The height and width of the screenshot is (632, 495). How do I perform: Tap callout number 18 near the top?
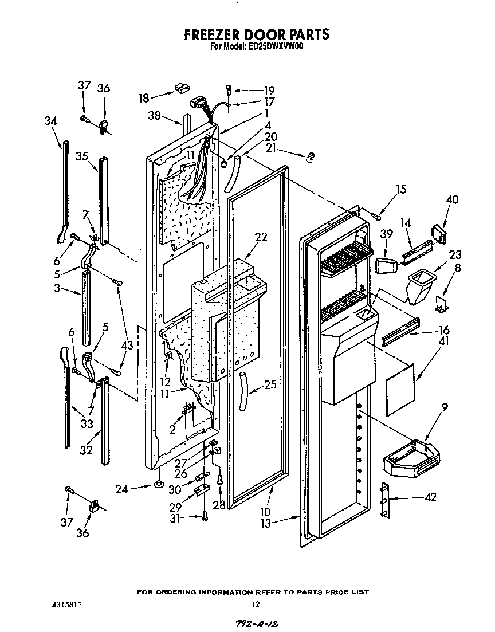click(x=144, y=98)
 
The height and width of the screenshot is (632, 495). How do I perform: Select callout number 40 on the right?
click(x=452, y=200)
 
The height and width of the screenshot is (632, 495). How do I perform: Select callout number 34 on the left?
click(x=50, y=121)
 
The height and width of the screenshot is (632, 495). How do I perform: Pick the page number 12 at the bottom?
click(x=256, y=604)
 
